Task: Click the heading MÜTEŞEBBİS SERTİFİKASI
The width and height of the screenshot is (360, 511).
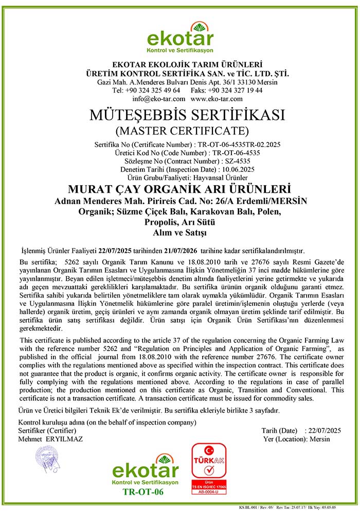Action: pyautogui.click(x=179, y=115)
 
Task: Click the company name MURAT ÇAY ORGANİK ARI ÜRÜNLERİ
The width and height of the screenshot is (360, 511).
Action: pyautogui.click(x=179, y=189)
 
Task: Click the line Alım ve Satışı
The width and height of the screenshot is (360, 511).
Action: pyautogui.click(x=179, y=233)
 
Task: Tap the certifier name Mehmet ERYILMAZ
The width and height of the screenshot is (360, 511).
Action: pyautogui.click(x=50, y=439)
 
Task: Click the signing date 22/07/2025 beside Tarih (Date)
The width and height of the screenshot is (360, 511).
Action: pyautogui.click(x=323, y=431)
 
